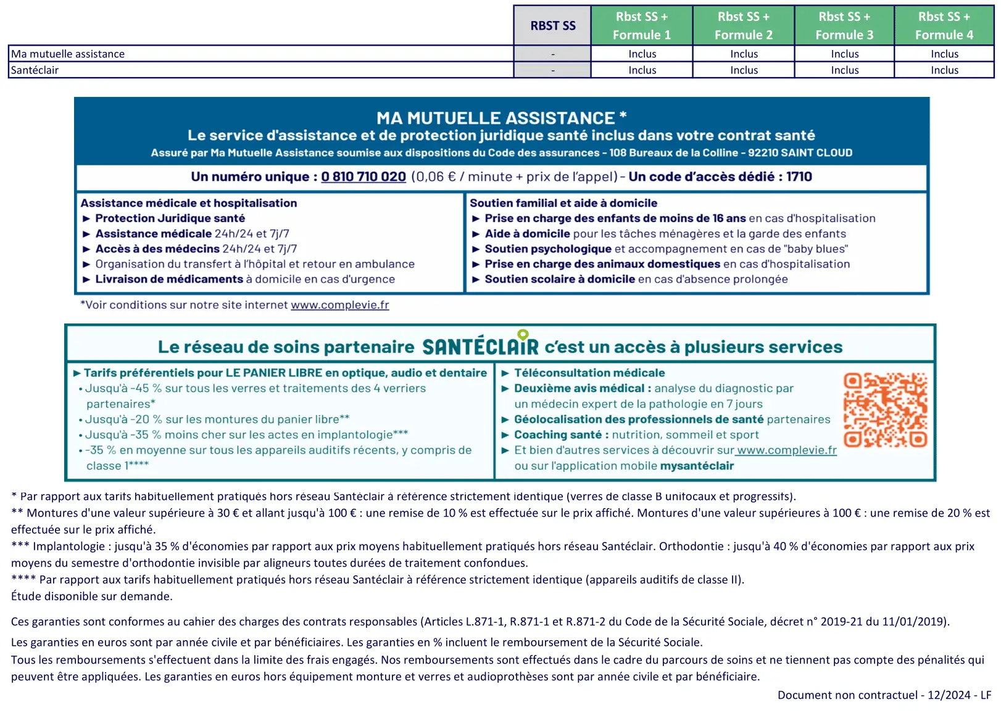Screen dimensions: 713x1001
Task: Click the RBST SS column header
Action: point(552,25)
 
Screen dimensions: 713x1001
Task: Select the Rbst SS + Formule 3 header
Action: point(844,25)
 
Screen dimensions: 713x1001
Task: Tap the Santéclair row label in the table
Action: point(35,70)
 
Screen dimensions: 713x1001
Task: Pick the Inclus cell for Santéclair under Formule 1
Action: point(642,70)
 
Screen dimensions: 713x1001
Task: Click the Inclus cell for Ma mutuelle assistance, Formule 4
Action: point(944,54)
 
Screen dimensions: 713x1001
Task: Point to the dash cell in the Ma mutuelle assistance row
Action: point(552,54)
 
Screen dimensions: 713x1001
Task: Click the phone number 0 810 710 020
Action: point(363,177)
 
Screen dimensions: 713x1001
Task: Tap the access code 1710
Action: point(799,177)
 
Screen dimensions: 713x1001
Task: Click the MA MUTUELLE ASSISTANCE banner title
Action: point(501,118)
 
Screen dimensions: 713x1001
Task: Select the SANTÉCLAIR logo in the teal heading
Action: point(480,346)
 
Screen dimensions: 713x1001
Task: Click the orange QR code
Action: point(885,410)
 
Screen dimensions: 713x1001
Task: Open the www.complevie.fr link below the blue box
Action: point(340,305)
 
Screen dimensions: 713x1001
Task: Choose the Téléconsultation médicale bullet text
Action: point(589,373)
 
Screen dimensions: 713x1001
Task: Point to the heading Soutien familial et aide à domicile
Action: point(563,203)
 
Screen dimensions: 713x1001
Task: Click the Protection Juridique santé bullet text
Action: point(170,219)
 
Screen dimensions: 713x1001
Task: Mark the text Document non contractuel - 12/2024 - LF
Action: point(884,695)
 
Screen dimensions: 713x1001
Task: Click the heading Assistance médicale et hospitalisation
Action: point(188,203)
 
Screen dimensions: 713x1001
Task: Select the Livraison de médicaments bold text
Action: point(169,279)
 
